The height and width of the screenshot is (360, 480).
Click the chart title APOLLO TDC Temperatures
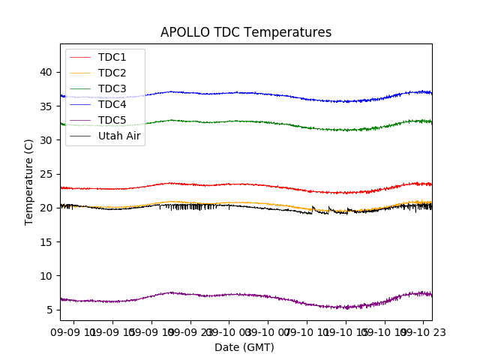coord(246,32)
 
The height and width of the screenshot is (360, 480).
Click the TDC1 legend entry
coord(112,57)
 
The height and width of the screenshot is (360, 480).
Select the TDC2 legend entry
coord(112,73)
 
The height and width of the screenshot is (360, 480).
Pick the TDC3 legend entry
coord(112,88)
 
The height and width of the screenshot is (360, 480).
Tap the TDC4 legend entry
coord(112,104)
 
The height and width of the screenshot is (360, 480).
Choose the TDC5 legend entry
coord(112,120)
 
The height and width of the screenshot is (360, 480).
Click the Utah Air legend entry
coord(119,136)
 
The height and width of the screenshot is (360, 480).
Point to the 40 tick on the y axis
coord(46,72)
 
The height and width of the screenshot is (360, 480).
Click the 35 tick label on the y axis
coord(46,106)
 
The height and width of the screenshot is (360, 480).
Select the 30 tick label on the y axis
coord(46,140)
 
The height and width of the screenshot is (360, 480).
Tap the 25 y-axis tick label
coord(46,174)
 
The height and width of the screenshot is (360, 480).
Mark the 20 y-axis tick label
coord(46,208)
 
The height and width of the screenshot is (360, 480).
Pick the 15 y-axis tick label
coord(46,241)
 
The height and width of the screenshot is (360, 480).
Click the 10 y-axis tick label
coord(46,276)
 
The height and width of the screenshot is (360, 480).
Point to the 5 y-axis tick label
coord(49,310)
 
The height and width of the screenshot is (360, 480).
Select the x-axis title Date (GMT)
coord(244,347)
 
